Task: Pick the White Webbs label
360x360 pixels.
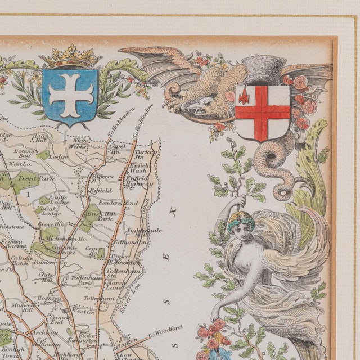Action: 81,144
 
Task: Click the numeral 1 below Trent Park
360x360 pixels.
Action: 27,193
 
